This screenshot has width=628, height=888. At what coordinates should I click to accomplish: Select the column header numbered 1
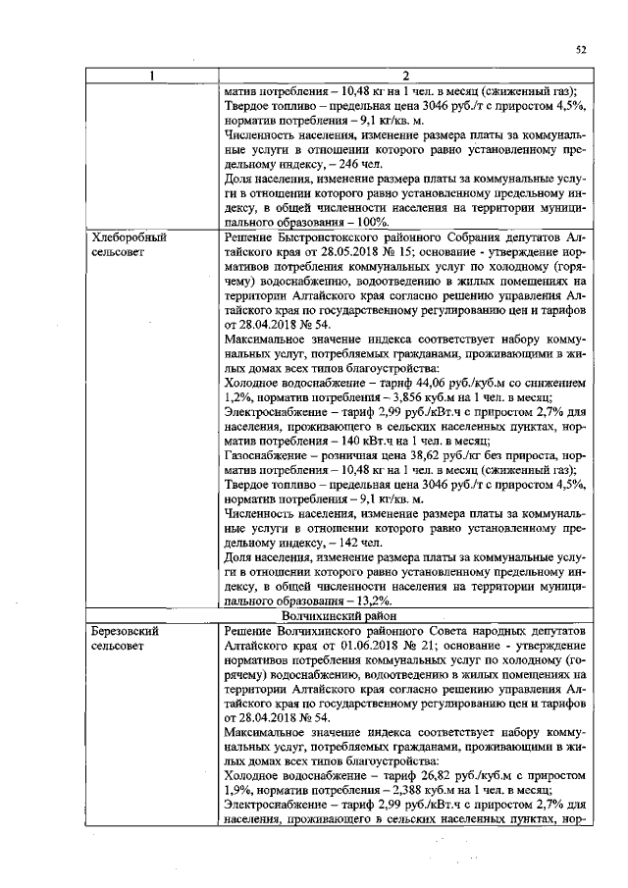[x=152, y=76]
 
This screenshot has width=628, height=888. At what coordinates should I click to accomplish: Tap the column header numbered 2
[x=404, y=76]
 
